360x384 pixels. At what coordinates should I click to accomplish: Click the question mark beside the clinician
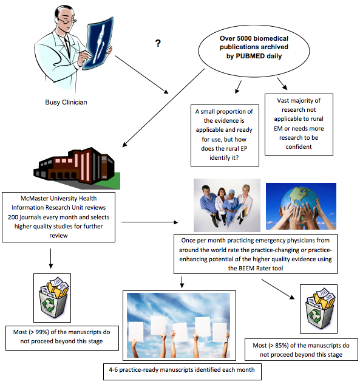[x=158, y=43]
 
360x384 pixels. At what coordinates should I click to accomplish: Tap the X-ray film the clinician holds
[x=98, y=43]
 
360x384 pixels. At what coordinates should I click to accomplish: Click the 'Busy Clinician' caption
[x=66, y=102]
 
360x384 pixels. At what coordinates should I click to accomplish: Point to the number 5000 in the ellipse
[x=245, y=38]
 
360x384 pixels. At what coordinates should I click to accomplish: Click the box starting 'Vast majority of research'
[x=299, y=125]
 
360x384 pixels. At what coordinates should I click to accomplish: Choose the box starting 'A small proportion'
[x=225, y=135]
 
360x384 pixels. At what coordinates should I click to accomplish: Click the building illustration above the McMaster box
[x=77, y=168]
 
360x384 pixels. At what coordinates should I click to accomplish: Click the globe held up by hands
[x=301, y=206]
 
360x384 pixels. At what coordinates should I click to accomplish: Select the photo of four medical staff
[x=227, y=205]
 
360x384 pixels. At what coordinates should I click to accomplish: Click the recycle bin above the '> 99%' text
[x=52, y=298]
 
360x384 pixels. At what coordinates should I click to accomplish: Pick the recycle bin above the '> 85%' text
[x=319, y=309]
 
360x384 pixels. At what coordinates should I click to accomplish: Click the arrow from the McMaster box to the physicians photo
[x=150, y=222]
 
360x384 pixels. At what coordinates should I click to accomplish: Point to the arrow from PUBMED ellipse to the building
[x=163, y=108]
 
